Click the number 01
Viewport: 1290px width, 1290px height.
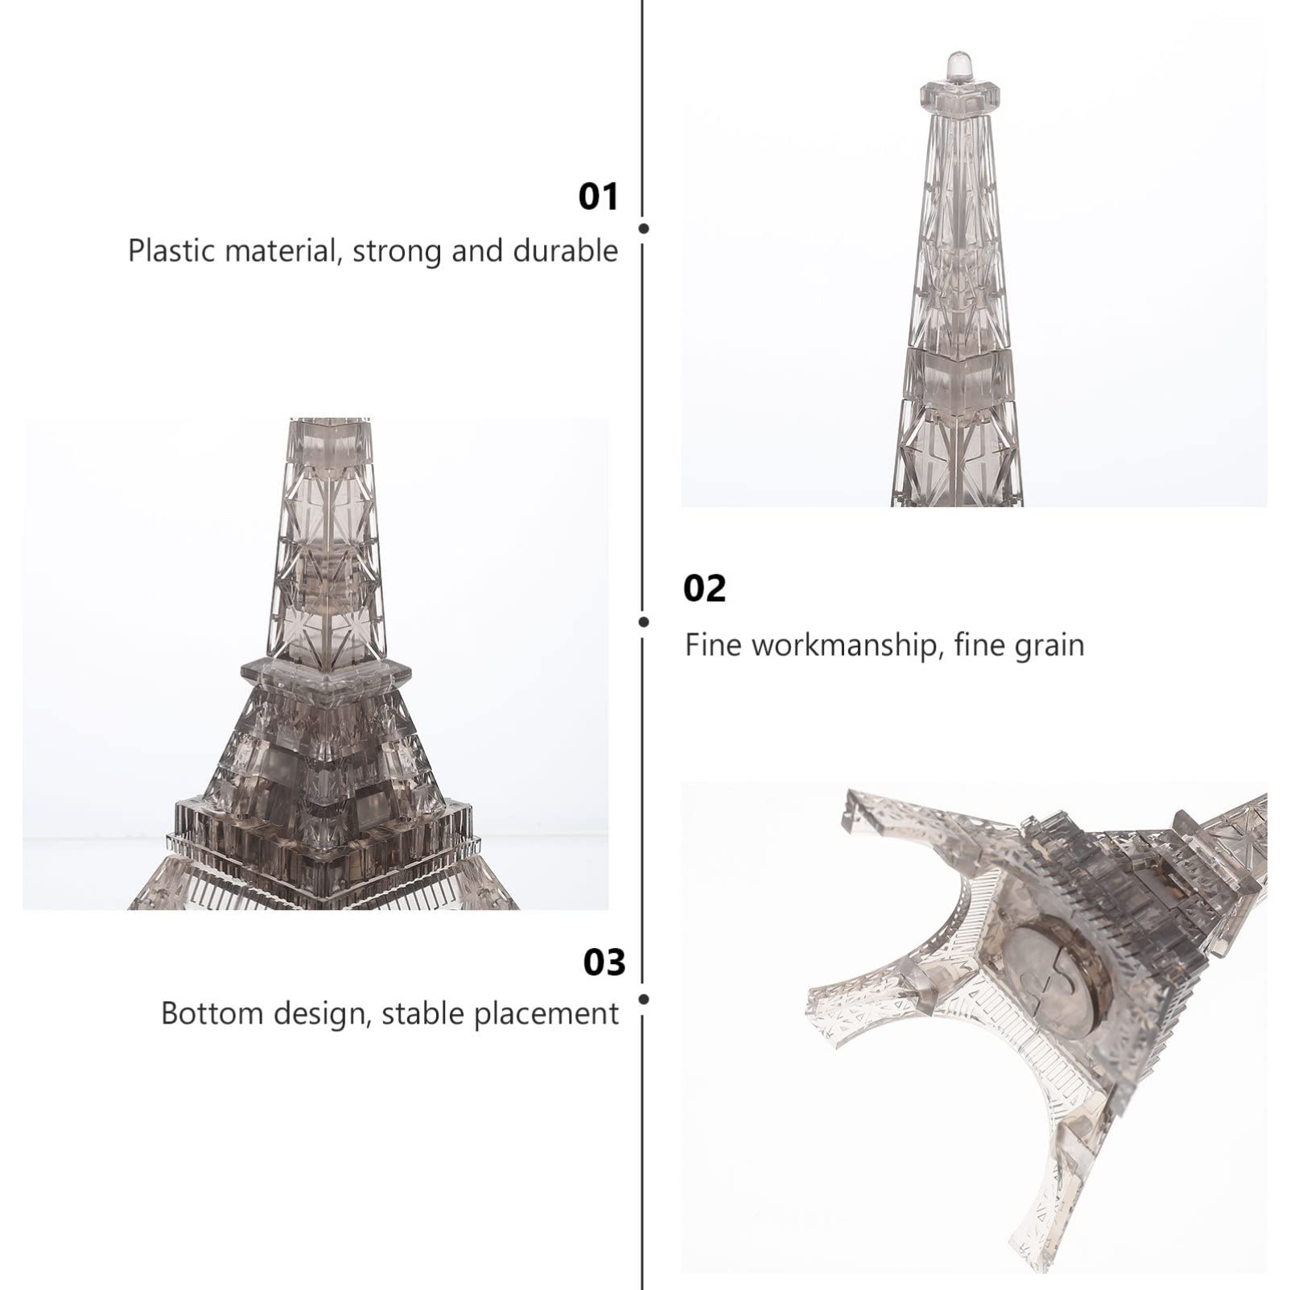(599, 197)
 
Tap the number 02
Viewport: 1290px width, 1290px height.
(704, 588)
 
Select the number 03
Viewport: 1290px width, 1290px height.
(604, 962)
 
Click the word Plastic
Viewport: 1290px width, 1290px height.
(172, 251)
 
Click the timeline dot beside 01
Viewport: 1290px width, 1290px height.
(643, 229)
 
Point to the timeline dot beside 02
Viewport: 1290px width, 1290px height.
(643, 622)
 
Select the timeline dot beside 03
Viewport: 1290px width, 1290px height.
(643, 999)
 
